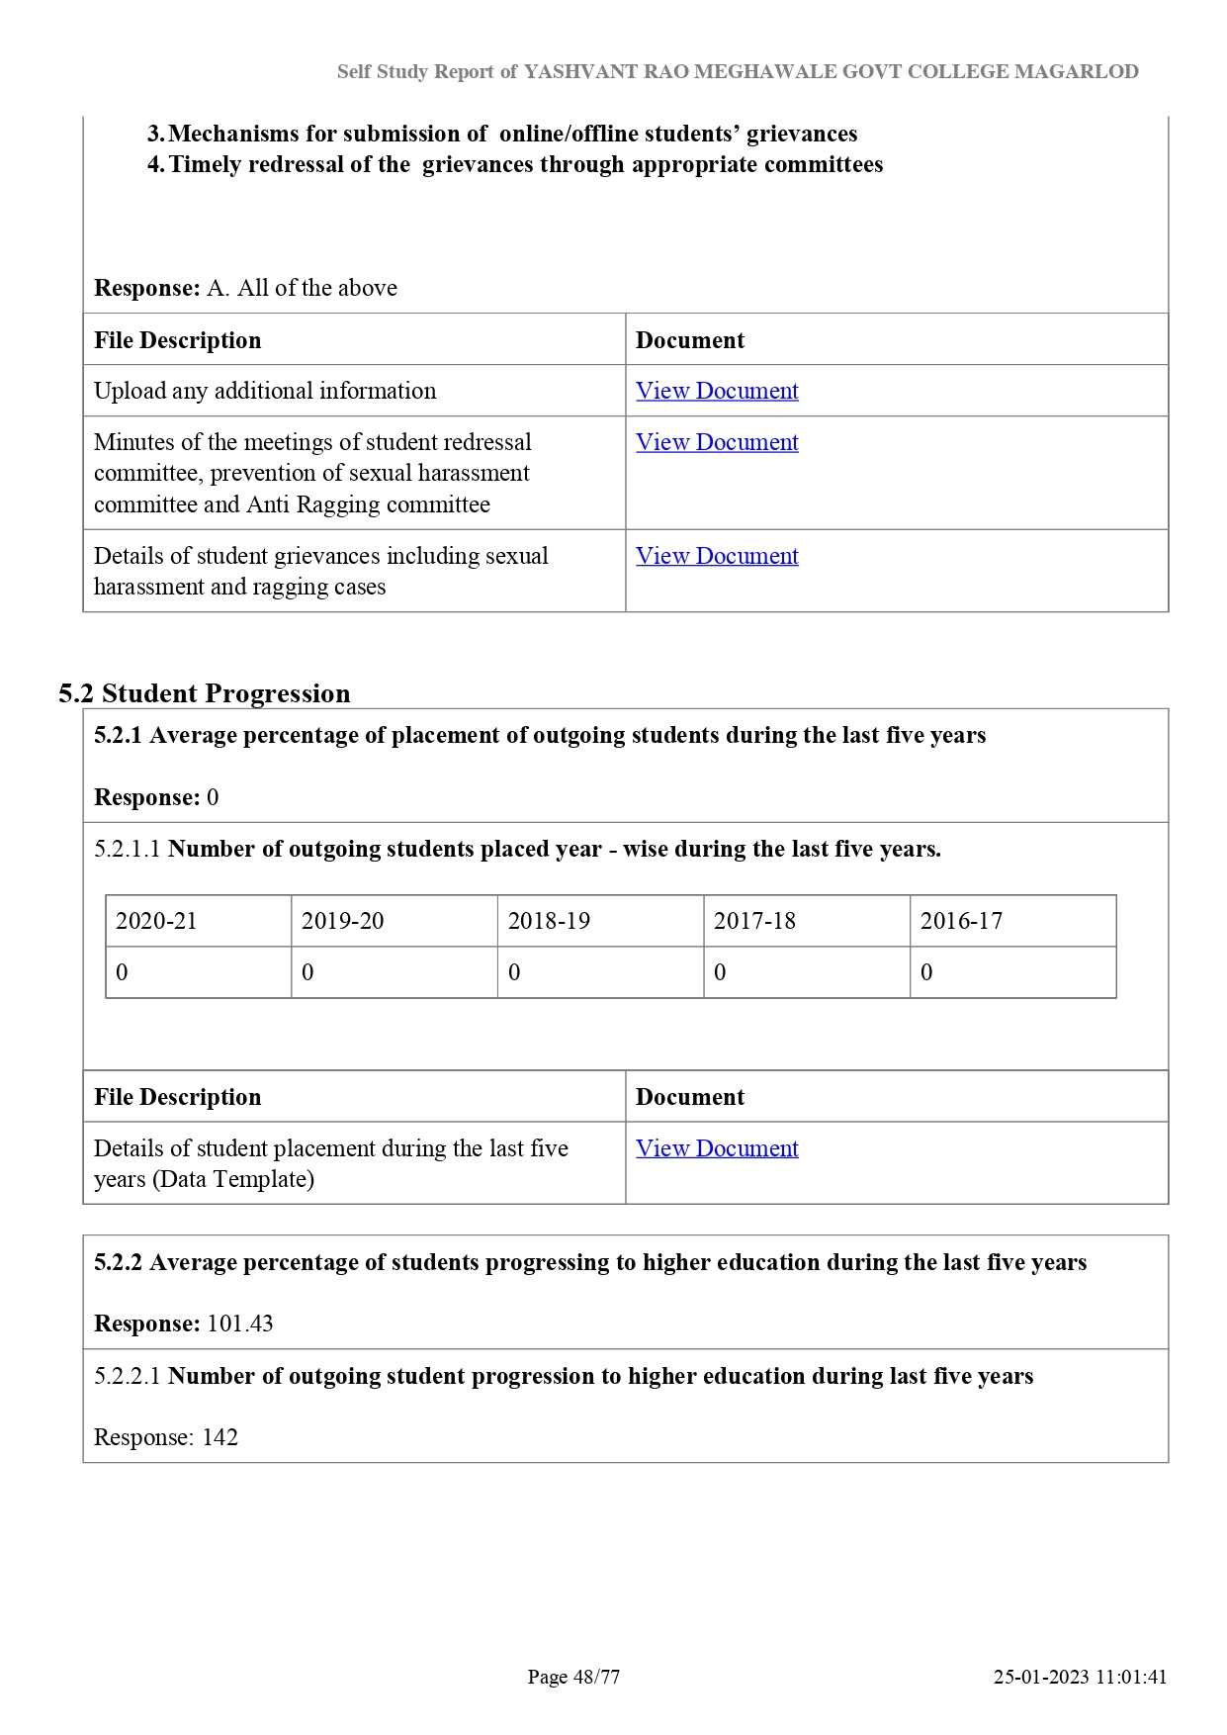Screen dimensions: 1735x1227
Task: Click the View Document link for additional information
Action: (x=717, y=391)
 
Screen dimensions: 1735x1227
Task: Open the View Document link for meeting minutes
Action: (x=717, y=442)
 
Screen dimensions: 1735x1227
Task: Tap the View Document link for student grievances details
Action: (x=717, y=556)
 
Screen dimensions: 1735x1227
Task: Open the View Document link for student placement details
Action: (x=717, y=1148)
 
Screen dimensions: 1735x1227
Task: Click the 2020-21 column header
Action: (x=156, y=921)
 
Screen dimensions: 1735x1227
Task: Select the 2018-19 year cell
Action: (x=549, y=921)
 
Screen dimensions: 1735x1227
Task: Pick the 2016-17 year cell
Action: (x=961, y=921)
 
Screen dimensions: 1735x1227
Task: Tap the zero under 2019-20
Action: (x=307, y=972)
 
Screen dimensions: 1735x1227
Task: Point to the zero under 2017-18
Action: (x=720, y=972)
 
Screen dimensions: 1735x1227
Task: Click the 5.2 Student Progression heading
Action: (x=205, y=693)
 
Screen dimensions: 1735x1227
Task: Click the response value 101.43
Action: (x=240, y=1324)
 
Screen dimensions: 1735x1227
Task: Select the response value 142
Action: (x=220, y=1437)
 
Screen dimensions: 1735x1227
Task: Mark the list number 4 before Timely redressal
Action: (x=155, y=164)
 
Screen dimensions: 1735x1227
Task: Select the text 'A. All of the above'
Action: (x=302, y=288)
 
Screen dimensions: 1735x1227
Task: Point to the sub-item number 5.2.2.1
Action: (x=127, y=1376)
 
